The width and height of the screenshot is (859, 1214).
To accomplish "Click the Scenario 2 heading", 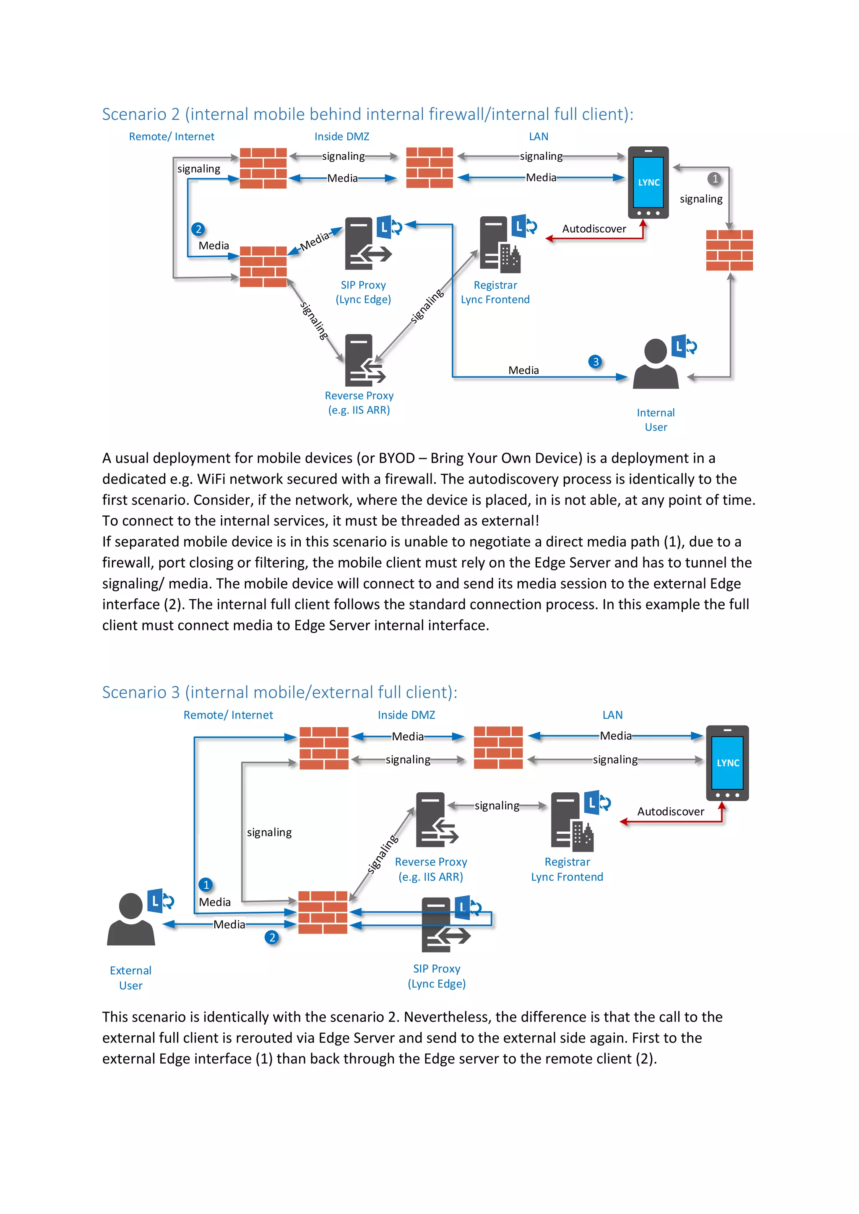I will click(367, 114).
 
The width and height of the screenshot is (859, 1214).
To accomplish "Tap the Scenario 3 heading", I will click(279, 692).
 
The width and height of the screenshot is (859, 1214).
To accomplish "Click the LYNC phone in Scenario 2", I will click(648, 182).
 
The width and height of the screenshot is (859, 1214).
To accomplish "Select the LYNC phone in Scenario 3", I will click(727, 763).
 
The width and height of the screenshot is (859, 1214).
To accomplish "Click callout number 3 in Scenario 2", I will click(596, 362).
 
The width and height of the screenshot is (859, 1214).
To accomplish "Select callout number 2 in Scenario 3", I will click(272, 937).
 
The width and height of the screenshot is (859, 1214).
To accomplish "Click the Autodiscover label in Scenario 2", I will click(593, 228).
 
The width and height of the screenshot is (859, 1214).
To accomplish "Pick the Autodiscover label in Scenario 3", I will click(670, 811).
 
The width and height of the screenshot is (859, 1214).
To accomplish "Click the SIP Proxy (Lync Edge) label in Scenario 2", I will click(363, 292).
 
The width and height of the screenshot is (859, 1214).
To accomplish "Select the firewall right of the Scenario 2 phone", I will click(729, 250).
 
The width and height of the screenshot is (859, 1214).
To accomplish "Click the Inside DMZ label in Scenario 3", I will click(406, 715).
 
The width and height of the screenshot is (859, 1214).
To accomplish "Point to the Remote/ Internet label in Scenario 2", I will click(172, 136).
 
